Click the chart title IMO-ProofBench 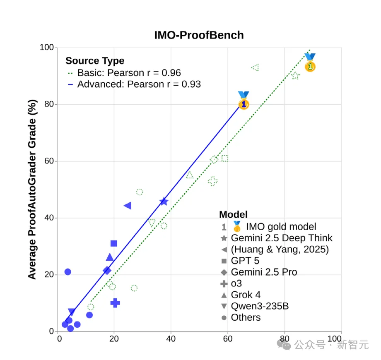click(199, 35)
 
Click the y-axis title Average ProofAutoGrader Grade click(32, 189)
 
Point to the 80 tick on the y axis click(49, 104)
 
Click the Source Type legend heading click(95, 61)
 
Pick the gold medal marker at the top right click(310, 63)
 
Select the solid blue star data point click(164, 202)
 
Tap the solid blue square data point click(114, 243)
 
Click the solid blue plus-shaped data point click(115, 303)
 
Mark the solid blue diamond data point click(107, 271)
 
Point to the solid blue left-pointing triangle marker click(128, 206)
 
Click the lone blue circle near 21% click(68, 272)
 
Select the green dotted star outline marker click(295, 76)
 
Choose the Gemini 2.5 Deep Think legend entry click(281, 238)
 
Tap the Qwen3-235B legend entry click(260, 306)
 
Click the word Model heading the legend click(233, 214)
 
